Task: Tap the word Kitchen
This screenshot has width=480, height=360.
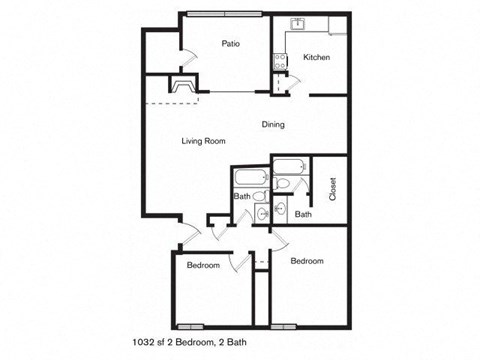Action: point(316,58)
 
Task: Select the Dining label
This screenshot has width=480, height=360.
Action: point(273,125)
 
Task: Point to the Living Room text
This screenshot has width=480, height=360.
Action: point(203,141)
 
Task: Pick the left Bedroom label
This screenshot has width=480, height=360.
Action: point(203,265)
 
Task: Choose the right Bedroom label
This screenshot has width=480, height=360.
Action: point(307,261)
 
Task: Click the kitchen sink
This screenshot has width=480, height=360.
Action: point(297,23)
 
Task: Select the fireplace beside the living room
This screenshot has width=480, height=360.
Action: point(183,87)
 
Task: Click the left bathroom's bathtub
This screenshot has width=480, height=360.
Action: point(248,177)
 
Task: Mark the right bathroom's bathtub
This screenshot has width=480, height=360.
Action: point(290,166)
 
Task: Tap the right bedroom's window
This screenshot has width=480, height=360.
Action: point(285,326)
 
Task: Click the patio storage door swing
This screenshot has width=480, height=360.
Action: point(188,57)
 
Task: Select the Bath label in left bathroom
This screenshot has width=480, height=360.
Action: point(242,196)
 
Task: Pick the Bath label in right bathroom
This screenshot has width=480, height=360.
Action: point(303,214)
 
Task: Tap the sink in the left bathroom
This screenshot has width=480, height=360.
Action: point(262,213)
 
